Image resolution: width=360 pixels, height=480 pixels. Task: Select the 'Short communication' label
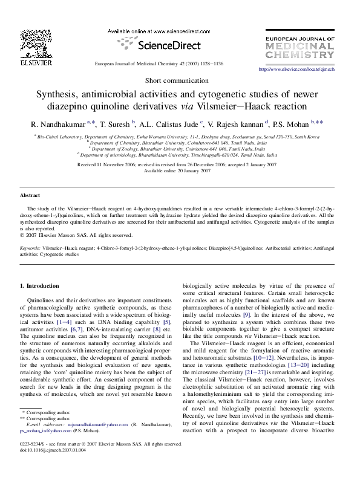pos(180,81)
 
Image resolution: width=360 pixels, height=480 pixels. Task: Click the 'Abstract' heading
pos(30,196)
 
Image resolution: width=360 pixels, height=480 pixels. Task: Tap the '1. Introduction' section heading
pos(40,285)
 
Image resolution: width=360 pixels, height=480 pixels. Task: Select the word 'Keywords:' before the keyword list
pos(30,248)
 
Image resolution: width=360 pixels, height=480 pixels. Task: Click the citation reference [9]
pos(246,315)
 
